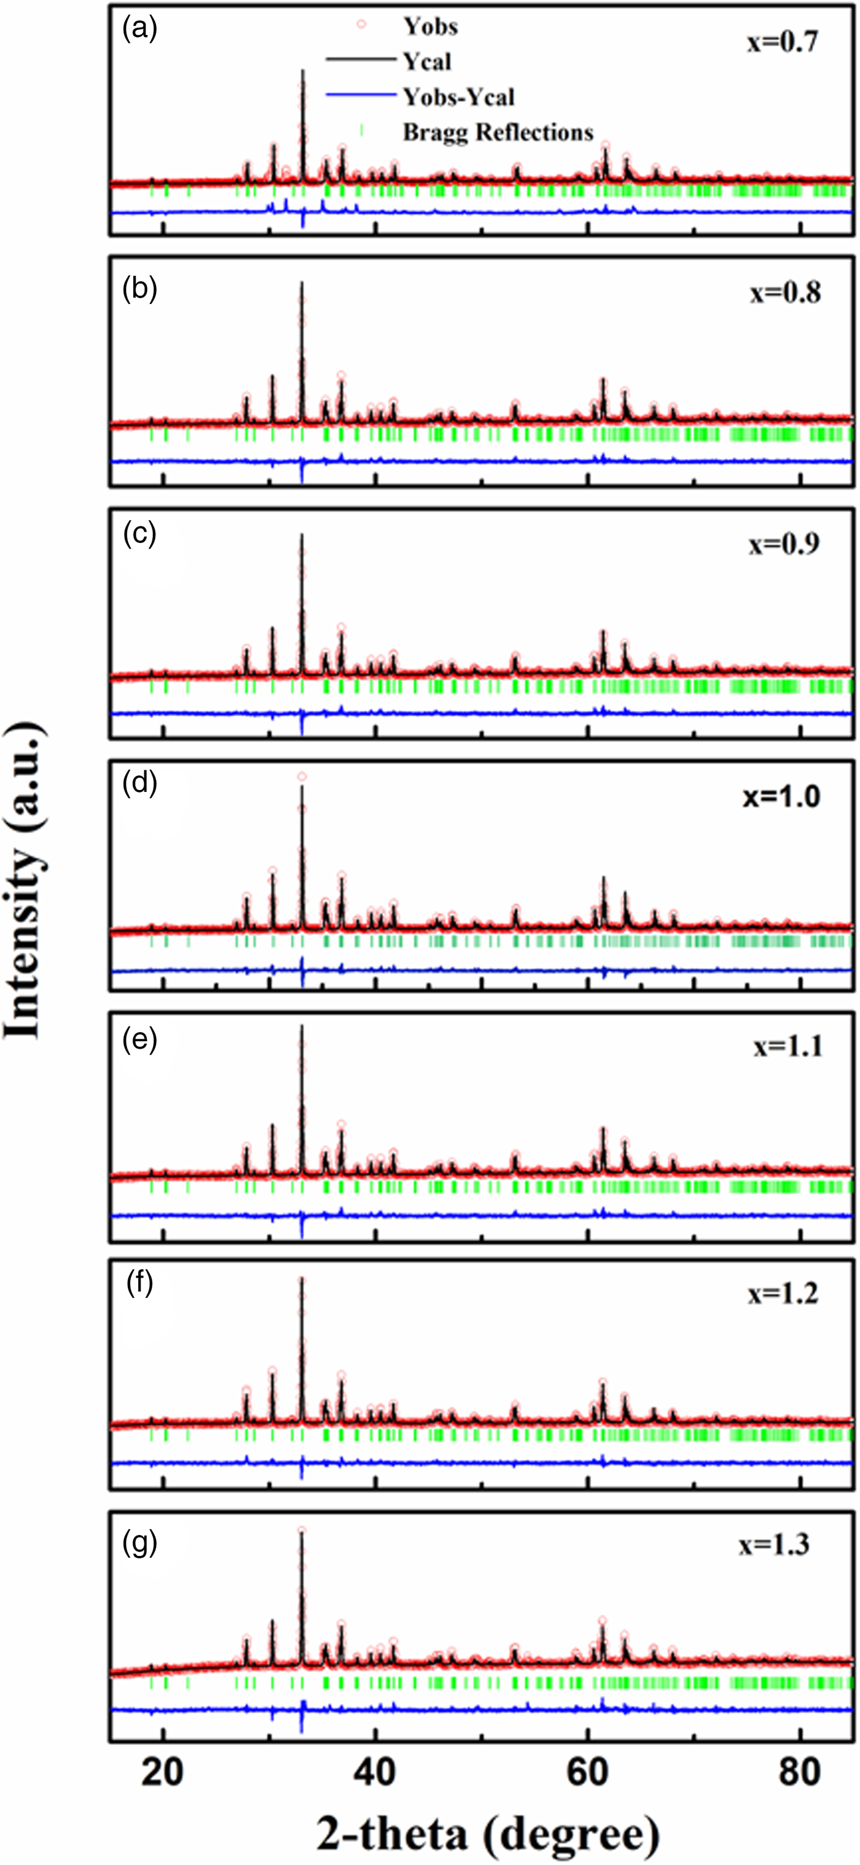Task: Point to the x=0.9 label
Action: click(x=783, y=544)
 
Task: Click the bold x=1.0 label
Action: click(x=781, y=796)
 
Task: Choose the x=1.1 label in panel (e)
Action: click(x=788, y=1047)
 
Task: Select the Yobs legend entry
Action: click(x=430, y=27)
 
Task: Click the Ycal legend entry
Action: click(x=427, y=62)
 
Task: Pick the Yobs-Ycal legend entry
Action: click(x=458, y=97)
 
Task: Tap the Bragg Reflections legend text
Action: click(x=498, y=133)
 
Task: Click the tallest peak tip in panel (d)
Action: click(x=302, y=777)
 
